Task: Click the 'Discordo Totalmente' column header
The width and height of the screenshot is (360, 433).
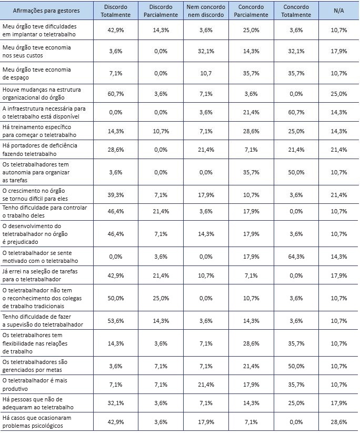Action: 115,11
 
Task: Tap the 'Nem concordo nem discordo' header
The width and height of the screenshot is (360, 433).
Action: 206,11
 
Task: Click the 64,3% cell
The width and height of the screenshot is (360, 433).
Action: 296,257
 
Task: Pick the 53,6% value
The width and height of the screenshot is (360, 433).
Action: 115,321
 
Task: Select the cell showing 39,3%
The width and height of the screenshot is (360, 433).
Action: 115,195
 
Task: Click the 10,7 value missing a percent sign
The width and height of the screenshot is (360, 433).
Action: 206,73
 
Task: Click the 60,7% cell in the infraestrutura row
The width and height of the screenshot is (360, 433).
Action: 296,112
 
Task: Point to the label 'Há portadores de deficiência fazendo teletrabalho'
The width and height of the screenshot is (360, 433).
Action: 40,150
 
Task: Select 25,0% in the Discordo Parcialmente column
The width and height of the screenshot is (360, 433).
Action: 161,298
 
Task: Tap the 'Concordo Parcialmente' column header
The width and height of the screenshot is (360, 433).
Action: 251,11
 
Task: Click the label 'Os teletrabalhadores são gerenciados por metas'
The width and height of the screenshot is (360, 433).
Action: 35,366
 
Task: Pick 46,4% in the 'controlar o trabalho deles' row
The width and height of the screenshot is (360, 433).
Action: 115,211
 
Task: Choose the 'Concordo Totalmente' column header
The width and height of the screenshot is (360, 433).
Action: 296,11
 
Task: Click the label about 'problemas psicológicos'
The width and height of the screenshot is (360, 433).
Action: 37,422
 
